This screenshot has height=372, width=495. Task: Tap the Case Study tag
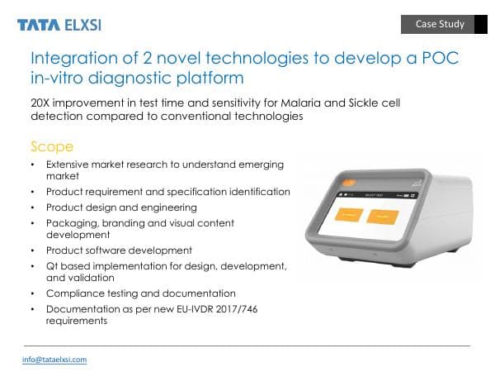(440, 24)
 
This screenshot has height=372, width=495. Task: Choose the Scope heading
(52, 146)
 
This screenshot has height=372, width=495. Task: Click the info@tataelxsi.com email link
(54, 360)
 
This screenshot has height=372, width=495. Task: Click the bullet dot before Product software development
(32, 250)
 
